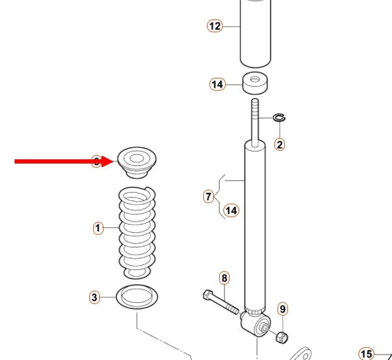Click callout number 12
coord(214,26)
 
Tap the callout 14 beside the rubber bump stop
coord(217,85)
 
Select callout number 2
coord(279,144)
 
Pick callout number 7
coord(209,196)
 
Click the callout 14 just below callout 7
coord(231,210)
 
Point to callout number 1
coord(98,228)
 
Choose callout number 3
coord(94,297)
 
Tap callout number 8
coord(225,279)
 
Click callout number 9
coord(282,310)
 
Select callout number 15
coord(365,354)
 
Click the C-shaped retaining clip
coord(279,117)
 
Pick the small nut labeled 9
coord(282,337)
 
